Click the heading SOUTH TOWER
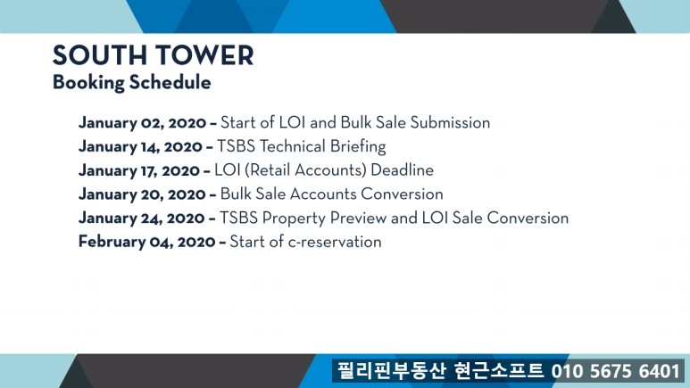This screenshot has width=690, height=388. (154, 55)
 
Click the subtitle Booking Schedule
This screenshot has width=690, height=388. (131, 83)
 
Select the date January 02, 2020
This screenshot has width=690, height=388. (142, 123)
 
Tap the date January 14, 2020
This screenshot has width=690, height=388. (140, 147)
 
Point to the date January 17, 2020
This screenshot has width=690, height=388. (139, 170)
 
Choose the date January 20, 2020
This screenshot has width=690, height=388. (142, 194)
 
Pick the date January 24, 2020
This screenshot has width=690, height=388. (142, 219)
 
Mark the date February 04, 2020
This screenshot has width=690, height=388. (147, 242)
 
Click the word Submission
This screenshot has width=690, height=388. (450, 123)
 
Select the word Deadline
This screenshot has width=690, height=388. (403, 170)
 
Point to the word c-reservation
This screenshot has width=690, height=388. (335, 242)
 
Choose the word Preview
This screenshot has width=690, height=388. (358, 219)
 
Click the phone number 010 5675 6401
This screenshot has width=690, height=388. (616, 371)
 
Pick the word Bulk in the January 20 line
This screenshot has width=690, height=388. (236, 194)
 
